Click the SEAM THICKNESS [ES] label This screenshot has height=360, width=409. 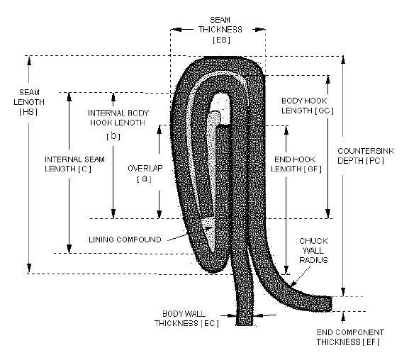coord(220,30)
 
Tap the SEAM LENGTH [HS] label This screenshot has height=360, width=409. coord(29,102)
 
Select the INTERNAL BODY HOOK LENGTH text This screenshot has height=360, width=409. coord(118,118)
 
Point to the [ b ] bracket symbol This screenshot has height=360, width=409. coord(113,136)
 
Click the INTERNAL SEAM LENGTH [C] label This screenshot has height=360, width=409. coord(74,164)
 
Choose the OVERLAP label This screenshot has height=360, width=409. coord(145,169)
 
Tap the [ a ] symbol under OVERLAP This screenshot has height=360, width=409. coord(144,179)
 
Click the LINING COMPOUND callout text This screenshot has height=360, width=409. coord(125,240)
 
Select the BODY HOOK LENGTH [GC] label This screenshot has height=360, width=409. coord(307,106)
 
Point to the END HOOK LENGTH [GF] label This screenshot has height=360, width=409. coord(296,164)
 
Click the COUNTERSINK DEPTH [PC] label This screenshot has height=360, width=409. coord(366,156)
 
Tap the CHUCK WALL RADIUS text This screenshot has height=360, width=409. coord(313,250)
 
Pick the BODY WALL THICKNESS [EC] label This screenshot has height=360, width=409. coord(186,318)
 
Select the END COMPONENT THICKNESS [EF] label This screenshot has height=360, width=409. coord(350,337)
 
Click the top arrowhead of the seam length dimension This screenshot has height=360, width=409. coord(29,60)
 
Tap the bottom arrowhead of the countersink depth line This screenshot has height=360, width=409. coord(343,292)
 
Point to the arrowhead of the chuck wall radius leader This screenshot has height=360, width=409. coord(293,284)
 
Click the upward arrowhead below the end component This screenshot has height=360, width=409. coord(343,316)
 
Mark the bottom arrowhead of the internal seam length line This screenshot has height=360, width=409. coord(69,249)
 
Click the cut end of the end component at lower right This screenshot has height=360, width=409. coord(332,303)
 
